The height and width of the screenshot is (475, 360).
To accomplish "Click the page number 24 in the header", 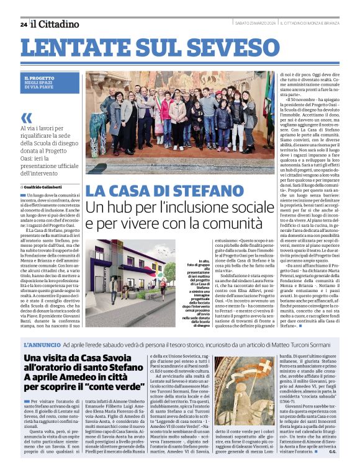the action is (24, 24).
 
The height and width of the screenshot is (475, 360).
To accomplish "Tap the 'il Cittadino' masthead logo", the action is (56, 24).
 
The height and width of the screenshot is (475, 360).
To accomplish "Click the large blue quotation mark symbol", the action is (26, 118).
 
